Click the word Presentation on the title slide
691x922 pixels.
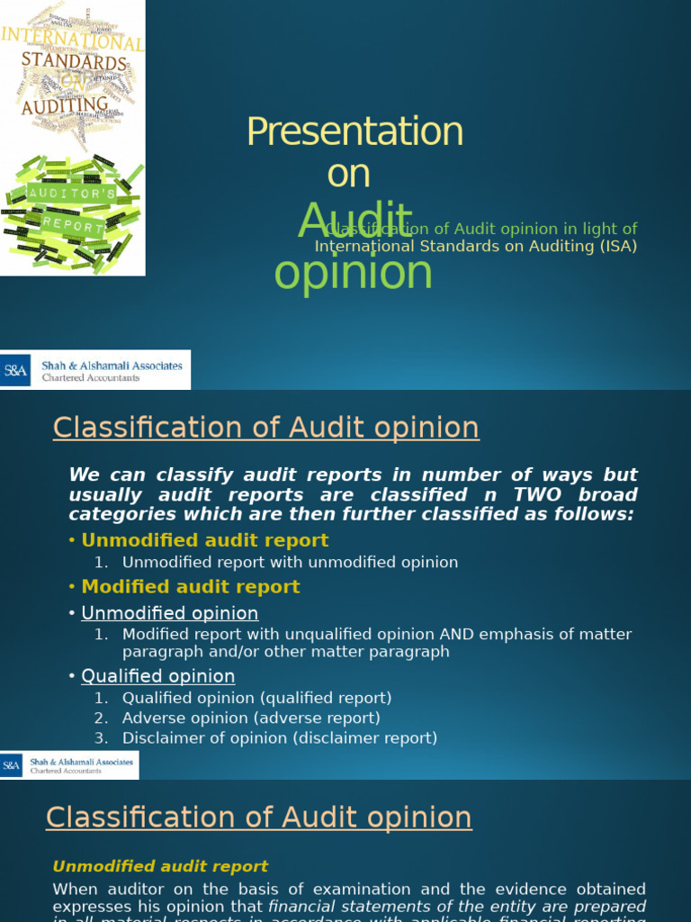click(354, 132)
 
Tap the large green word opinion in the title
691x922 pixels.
click(353, 272)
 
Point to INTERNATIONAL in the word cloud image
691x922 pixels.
click(72, 39)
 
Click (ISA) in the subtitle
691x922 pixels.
click(618, 247)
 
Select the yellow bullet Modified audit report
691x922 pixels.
click(191, 587)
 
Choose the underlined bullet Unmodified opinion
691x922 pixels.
click(170, 613)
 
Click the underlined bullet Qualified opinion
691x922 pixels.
click(158, 676)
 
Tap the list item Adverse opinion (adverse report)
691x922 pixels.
click(251, 718)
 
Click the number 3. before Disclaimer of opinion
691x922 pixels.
click(101, 738)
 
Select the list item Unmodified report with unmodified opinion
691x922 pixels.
click(290, 562)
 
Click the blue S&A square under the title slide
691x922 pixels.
click(15, 369)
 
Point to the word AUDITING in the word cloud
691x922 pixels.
click(65, 106)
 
